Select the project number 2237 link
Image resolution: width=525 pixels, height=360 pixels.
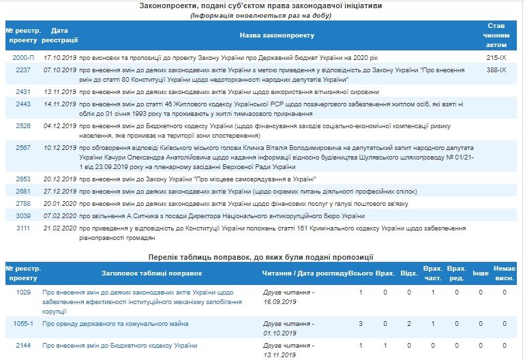(x=22, y=70)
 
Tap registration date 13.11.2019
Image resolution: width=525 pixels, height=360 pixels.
(x=59, y=91)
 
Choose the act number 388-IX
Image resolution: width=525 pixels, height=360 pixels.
(x=496, y=70)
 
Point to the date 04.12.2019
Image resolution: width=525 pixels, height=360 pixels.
(x=59, y=125)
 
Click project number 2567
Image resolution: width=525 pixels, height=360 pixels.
(x=22, y=147)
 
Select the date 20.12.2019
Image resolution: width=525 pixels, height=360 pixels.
(x=59, y=180)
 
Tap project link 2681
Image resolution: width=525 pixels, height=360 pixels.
(x=22, y=192)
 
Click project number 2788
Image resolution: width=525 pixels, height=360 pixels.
(x=22, y=203)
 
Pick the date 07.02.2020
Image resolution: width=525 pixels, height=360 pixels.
(x=59, y=215)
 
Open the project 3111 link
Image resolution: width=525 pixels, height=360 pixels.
(x=22, y=227)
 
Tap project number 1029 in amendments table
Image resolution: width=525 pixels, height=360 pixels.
(x=22, y=292)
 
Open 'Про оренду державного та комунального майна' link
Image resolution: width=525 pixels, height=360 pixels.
(x=115, y=323)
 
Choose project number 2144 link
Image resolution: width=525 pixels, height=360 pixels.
(x=22, y=345)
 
